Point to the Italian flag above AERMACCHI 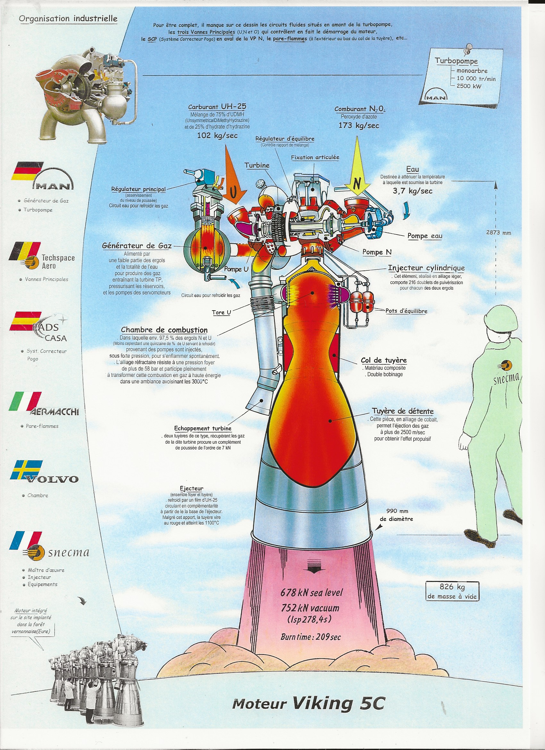coord(26,401)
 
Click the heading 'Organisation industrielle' coord(68,19)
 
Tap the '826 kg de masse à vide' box coord(452,591)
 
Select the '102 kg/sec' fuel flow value coord(217,135)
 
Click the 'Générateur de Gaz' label coord(137,246)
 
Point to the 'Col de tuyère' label coord(384,360)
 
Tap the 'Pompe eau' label coord(425,236)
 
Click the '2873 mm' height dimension coord(499,233)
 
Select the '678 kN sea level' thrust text coord(312,592)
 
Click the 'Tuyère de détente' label coord(403,411)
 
